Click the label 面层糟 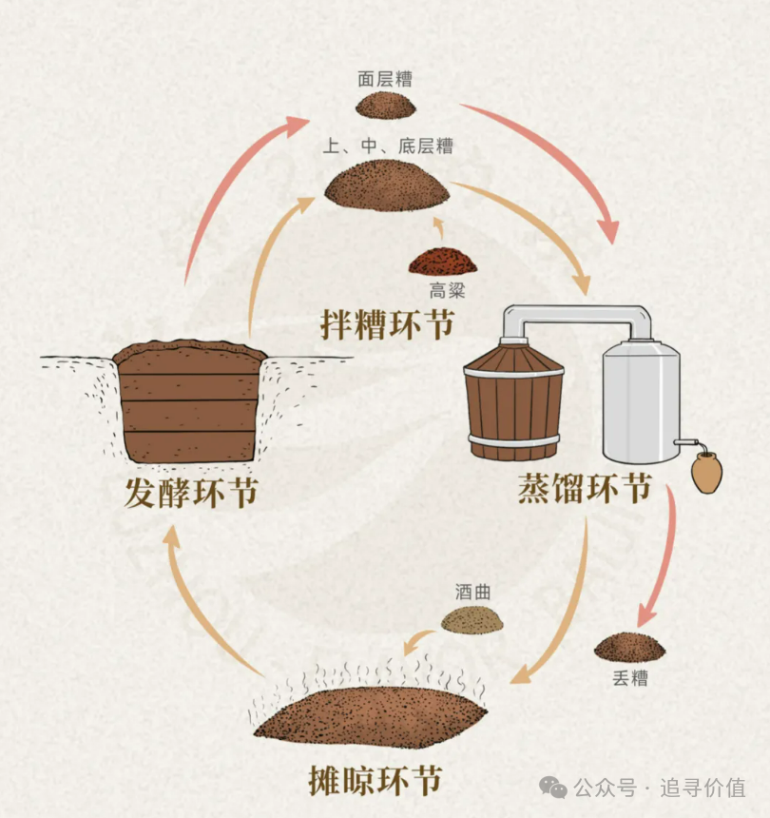tap(385, 80)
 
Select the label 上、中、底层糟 tap(387, 146)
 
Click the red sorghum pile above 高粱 tap(441, 261)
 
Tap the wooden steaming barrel tap(514, 399)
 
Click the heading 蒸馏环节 tap(585, 490)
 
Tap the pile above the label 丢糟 tap(629, 648)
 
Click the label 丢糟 tap(629, 679)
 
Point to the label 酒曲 tap(472, 592)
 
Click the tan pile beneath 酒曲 tap(472, 619)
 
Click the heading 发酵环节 tap(191, 493)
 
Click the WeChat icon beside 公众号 tap(553, 787)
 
